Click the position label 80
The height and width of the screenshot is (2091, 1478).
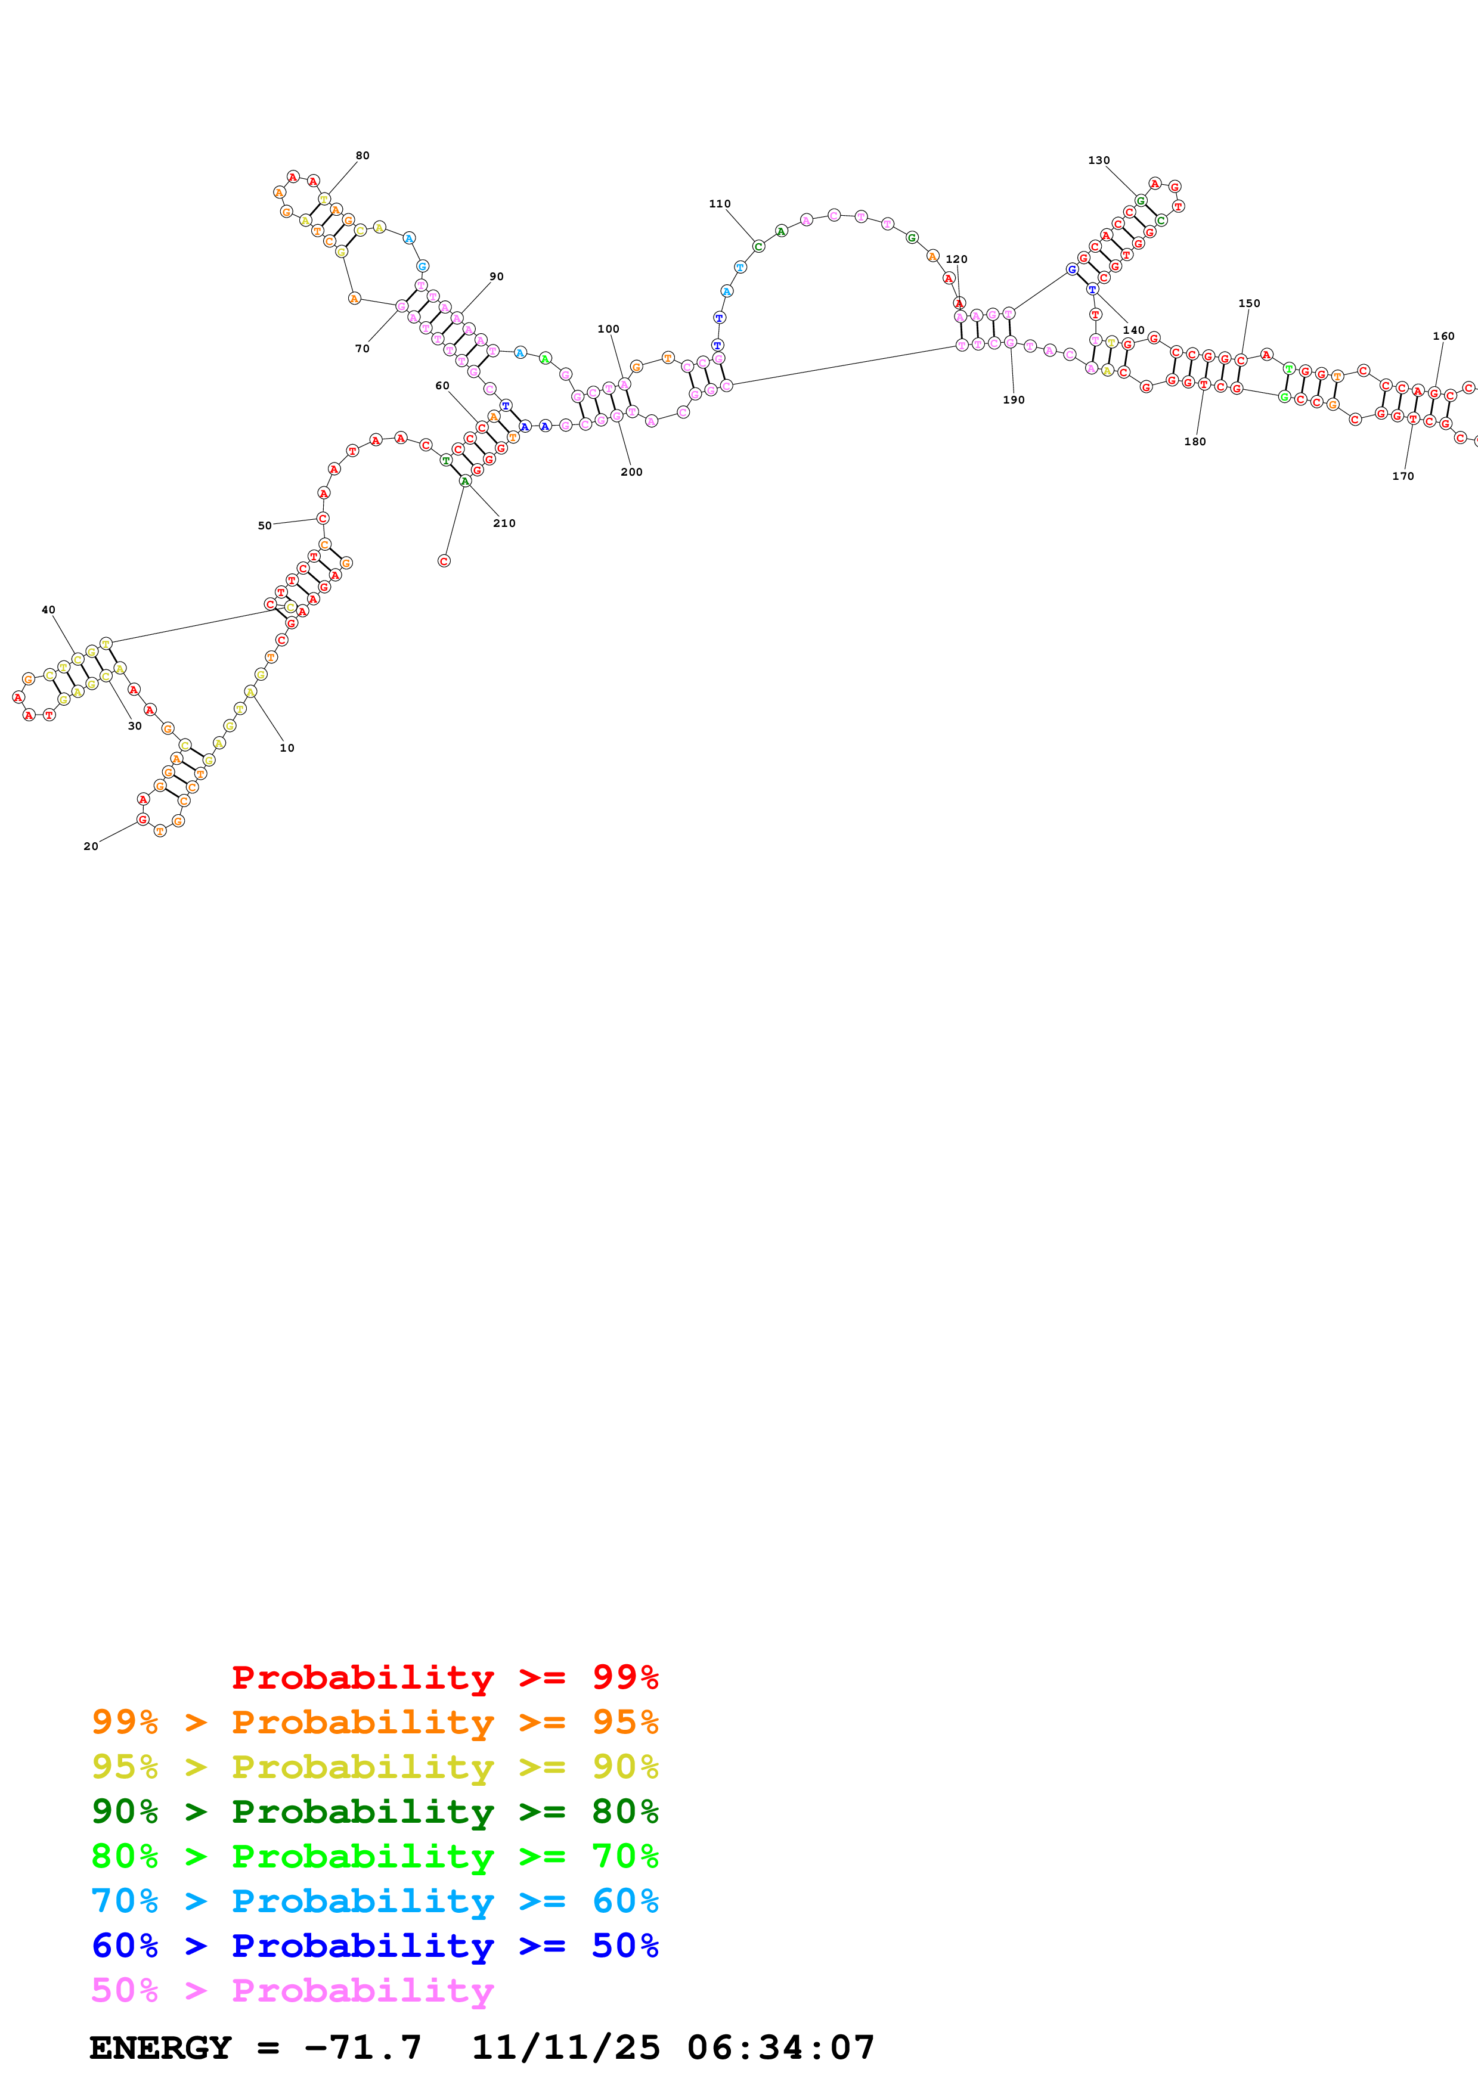[x=362, y=156]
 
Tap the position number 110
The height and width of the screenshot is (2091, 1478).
[x=720, y=204]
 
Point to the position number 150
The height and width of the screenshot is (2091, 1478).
[x=1248, y=303]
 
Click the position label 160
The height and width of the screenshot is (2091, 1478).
[x=1443, y=336]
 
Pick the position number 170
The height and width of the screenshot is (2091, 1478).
[x=1402, y=476]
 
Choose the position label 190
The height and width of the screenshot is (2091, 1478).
[x=1014, y=400]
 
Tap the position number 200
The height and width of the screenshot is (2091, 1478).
[x=631, y=471]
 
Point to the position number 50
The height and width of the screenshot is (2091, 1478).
[x=264, y=526]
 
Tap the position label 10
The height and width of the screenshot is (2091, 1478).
[x=287, y=747]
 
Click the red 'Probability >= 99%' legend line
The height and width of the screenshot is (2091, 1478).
[x=444, y=1677]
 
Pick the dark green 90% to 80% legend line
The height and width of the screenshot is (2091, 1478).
[x=374, y=1811]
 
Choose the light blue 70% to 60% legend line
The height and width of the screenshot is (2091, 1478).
[x=374, y=1901]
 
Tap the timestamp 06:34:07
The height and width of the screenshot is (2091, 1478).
[x=780, y=2047]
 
